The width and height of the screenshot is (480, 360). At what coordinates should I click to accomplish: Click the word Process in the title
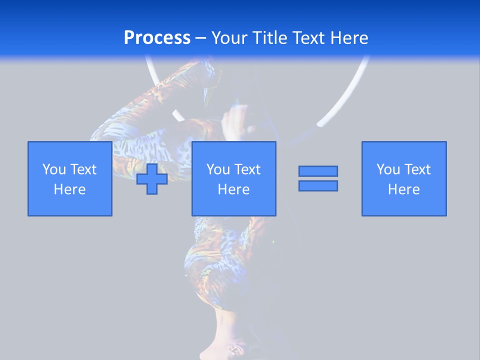point(157,37)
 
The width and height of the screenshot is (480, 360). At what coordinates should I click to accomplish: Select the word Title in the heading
point(269,37)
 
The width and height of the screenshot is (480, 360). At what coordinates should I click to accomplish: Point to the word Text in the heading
point(306,37)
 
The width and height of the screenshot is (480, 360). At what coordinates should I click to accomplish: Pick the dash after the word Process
point(201,38)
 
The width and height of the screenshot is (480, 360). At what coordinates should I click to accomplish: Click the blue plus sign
point(152,179)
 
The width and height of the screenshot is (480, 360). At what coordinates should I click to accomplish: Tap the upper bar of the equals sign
point(318,171)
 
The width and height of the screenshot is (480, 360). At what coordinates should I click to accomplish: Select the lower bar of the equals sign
point(318,185)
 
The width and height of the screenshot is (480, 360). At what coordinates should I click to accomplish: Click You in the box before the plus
point(54,169)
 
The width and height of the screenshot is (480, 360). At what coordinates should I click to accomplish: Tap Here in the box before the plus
point(70,189)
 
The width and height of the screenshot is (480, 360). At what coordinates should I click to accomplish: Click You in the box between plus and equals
point(218,169)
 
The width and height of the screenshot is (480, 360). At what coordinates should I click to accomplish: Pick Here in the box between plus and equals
point(234,189)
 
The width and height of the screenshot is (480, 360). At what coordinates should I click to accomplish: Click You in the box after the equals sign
point(388,169)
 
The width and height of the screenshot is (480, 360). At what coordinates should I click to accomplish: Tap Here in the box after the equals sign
point(404,189)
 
